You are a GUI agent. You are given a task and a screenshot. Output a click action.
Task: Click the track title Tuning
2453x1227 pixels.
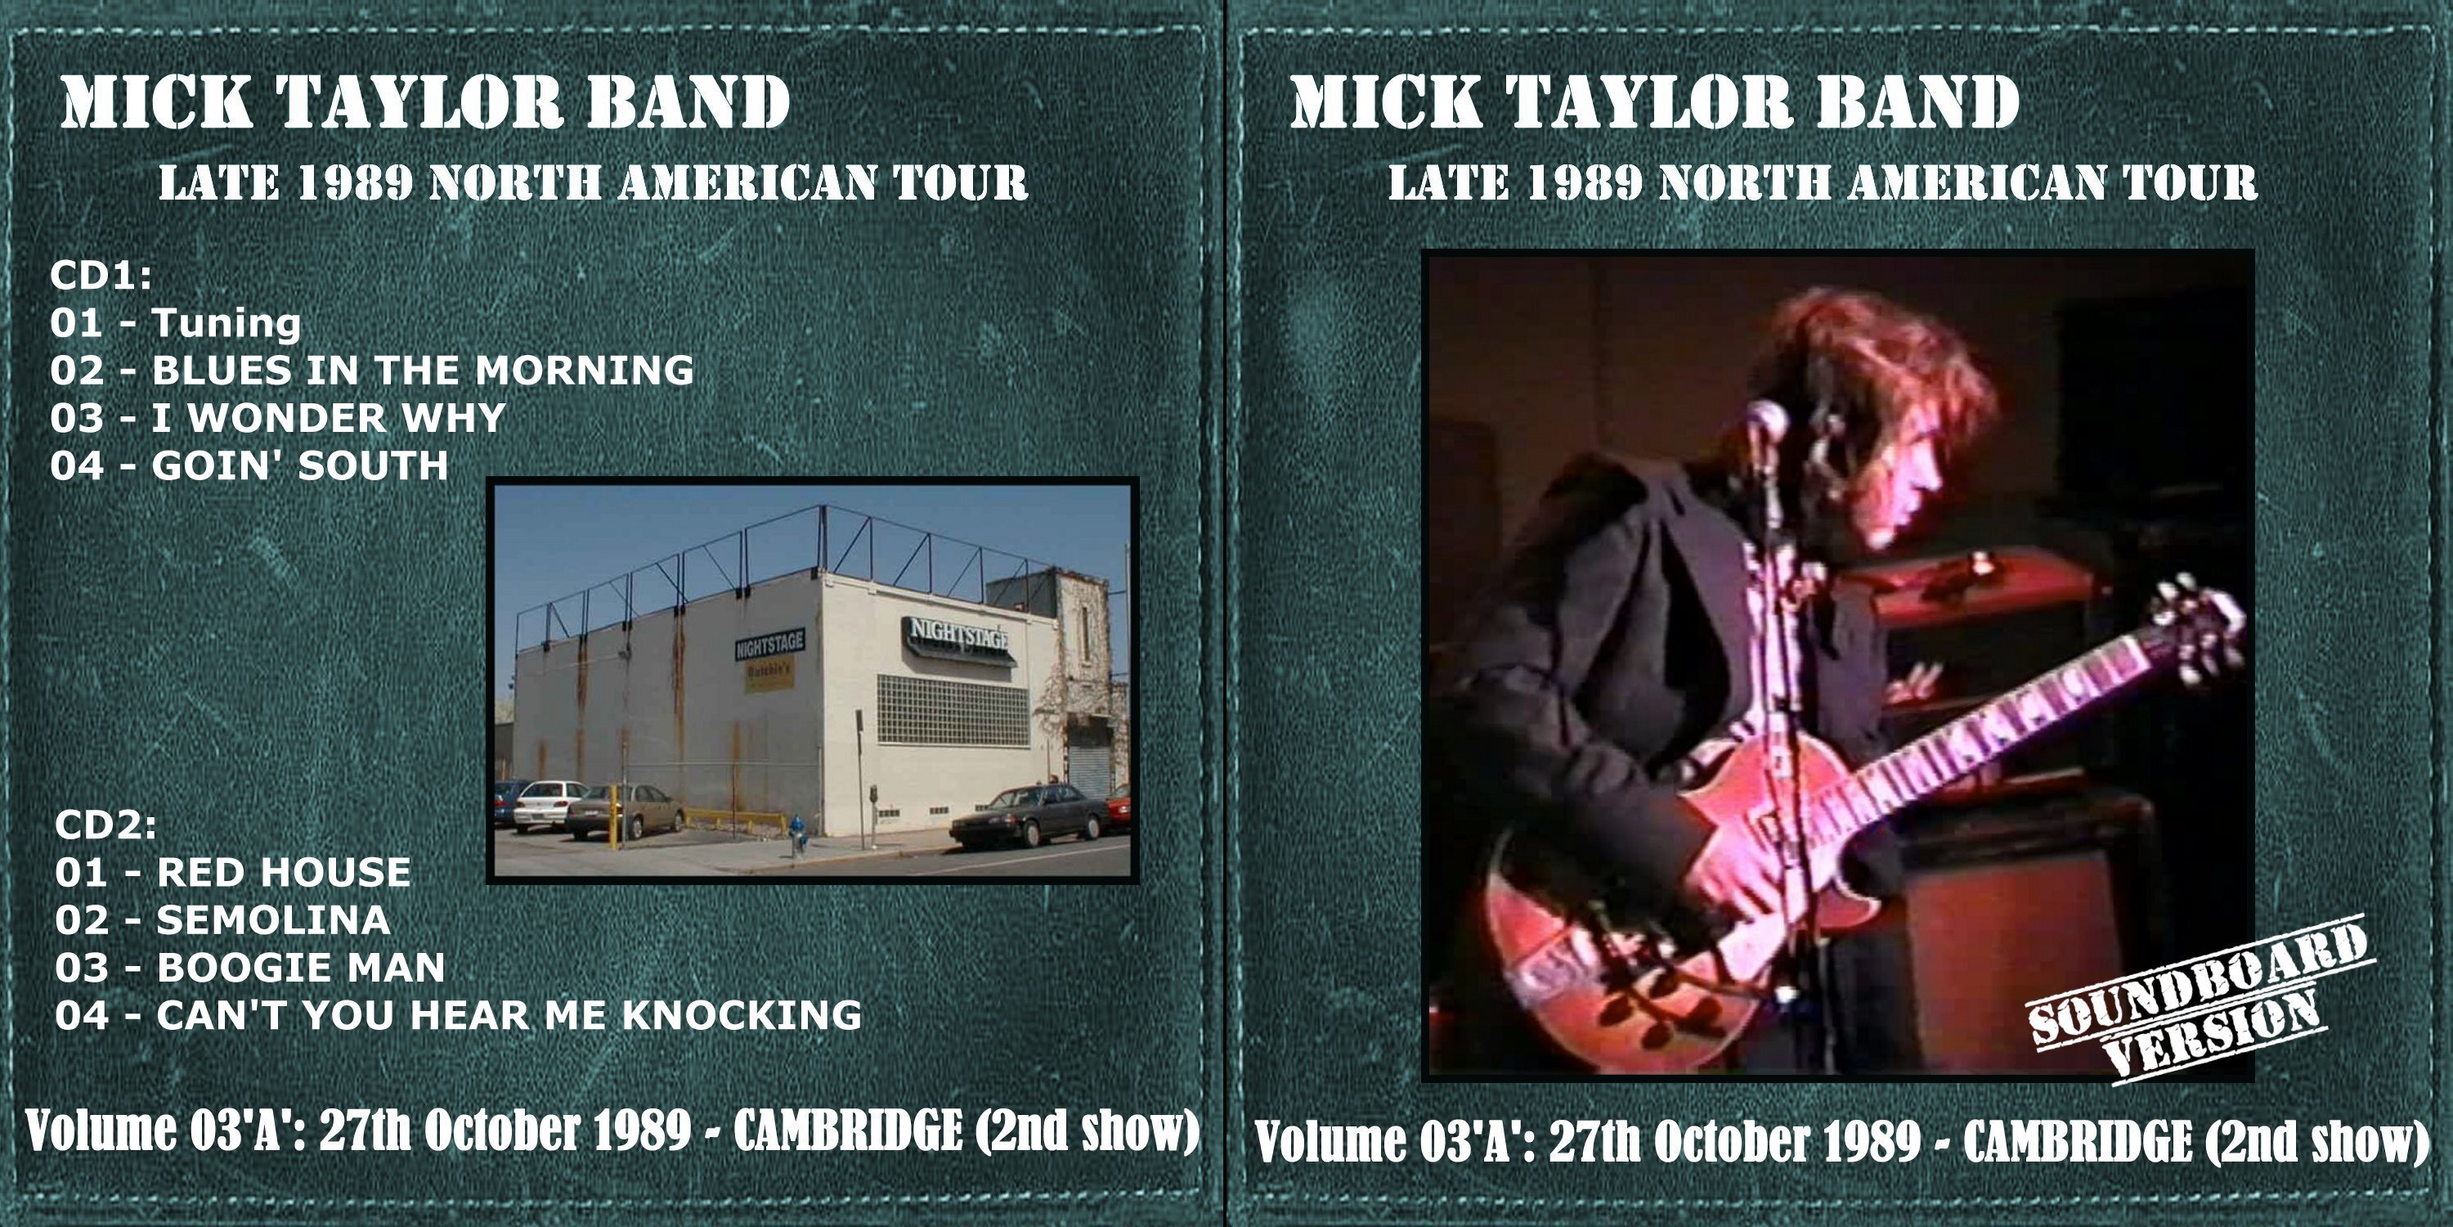point(226,324)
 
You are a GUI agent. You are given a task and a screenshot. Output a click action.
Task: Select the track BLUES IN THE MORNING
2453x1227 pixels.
point(423,371)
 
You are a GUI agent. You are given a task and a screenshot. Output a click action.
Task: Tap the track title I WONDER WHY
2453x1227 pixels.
point(329,418)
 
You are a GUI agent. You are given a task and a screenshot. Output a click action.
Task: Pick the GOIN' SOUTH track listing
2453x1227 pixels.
point(300,465)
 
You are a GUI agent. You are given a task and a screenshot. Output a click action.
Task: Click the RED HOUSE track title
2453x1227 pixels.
point(284,873)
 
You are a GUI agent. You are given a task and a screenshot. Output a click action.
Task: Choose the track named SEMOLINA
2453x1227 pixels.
point(273,920)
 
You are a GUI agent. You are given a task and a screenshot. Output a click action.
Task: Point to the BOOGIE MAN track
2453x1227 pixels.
point(301,968)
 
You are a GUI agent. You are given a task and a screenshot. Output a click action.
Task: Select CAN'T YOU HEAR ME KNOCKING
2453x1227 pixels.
point(509,1015)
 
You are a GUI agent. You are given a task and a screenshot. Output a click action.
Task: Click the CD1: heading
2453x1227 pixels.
point(101,276)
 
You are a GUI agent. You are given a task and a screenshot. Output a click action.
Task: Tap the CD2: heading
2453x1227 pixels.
point(105,825)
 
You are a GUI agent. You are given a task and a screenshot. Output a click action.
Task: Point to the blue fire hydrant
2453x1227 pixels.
point(798,834)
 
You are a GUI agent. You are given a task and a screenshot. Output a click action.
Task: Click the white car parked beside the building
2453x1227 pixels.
point(549,804)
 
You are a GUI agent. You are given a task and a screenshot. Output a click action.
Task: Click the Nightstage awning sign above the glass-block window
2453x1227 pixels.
point(958,636)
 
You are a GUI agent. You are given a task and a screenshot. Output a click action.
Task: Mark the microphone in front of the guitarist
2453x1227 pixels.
point(1766,421)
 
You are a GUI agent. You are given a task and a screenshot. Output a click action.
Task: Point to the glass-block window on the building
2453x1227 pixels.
point(953,711)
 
